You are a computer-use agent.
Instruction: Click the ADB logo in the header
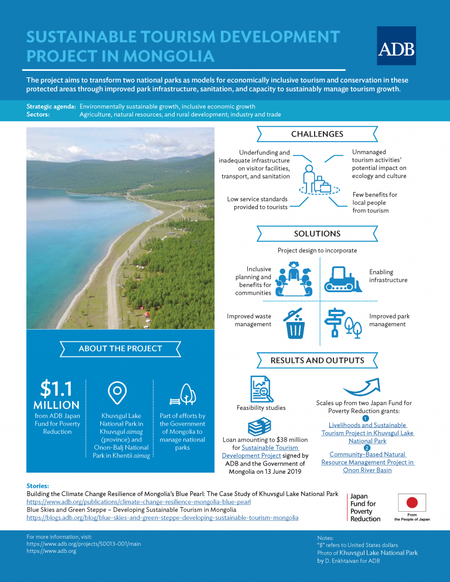point(396,46)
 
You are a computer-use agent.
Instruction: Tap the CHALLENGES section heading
point(317,134)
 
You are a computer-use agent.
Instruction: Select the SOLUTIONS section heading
point(317,234)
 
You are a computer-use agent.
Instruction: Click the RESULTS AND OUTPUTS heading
point(317,360)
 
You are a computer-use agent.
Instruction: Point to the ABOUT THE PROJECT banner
point(120,348)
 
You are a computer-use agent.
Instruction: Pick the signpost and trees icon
point(343,322)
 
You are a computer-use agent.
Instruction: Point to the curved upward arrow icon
point(364,388)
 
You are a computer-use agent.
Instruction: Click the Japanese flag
point(412,502)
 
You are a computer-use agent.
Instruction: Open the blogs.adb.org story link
point(162,518)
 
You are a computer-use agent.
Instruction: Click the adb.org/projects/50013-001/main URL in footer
point(84,544)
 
